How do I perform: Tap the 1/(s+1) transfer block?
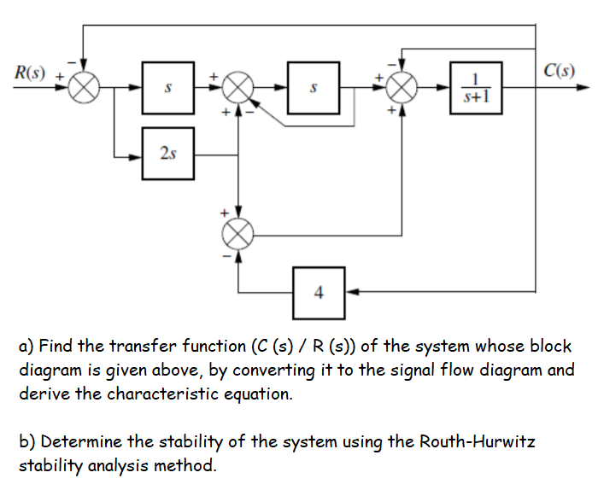476,87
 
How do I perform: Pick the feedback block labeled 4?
319,292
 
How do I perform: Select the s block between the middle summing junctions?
314,87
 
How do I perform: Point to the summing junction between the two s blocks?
240,87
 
